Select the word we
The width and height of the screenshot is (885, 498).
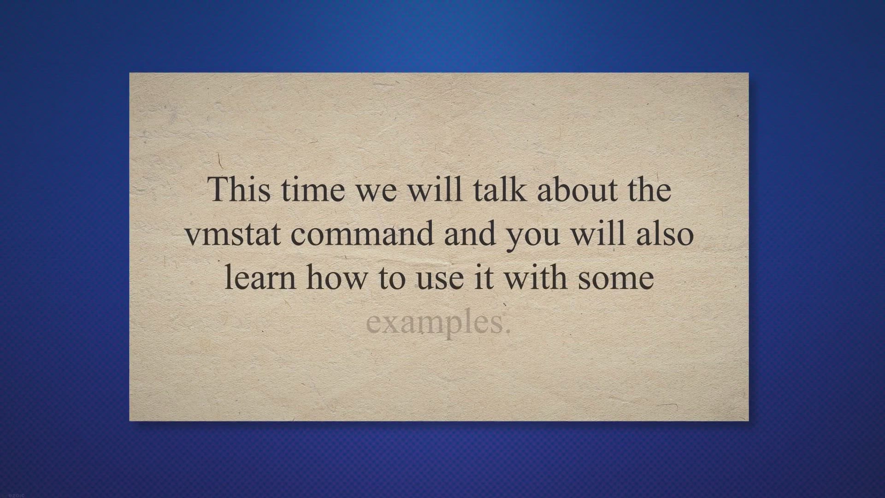376,193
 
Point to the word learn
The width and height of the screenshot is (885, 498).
260,277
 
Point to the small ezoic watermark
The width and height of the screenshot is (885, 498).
16,495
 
